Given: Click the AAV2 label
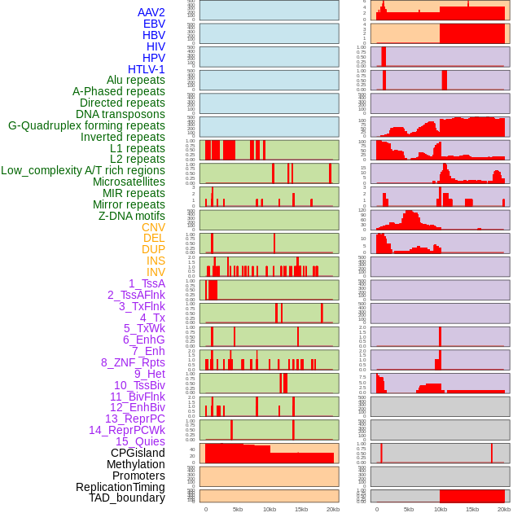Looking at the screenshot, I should [x=151, y=12].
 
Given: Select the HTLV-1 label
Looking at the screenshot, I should [x=147, y=69].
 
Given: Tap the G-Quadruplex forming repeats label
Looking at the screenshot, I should [x=86, y=125].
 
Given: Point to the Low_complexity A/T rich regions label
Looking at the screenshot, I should [x=83, y=170].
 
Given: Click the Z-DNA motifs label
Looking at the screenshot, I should [x=132, y=216].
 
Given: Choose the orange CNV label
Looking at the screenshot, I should [x=153, y=227].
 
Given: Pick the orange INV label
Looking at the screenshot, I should [x=156, y=272].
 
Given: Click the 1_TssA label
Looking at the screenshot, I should [x=147, y=283].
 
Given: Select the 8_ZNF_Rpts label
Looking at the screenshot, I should [x=133, y=362].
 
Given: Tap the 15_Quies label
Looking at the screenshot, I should [x=140, y=441].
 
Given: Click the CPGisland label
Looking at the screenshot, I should [x=138, y=453].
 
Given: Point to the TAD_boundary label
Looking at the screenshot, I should [x=127, y=498].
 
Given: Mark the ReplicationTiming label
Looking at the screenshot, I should [x=120, y=487].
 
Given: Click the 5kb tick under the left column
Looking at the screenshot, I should [x=238, y=509].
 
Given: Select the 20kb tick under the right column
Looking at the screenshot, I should [x=504, y=509].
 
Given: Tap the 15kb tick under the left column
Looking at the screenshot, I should [x=301, y=509].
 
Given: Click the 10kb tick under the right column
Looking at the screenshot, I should [x=441, y=509].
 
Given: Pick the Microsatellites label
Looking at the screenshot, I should [x=129, y=182].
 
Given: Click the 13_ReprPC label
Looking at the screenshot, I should [x=134, y=419].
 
